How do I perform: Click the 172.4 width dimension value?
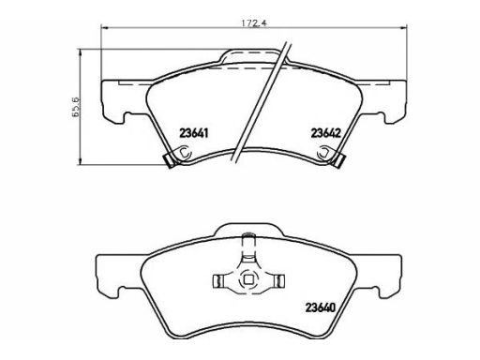(253, 23)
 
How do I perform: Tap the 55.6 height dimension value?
(76, 107)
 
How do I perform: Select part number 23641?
(193, 133)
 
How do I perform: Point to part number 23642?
(325, 133)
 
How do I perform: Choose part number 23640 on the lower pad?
(320, 307)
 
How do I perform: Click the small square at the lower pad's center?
(248, 279)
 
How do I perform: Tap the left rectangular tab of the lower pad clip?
(217, 281)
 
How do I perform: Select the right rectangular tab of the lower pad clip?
(279, 281)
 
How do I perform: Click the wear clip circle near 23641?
(185, 153)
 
